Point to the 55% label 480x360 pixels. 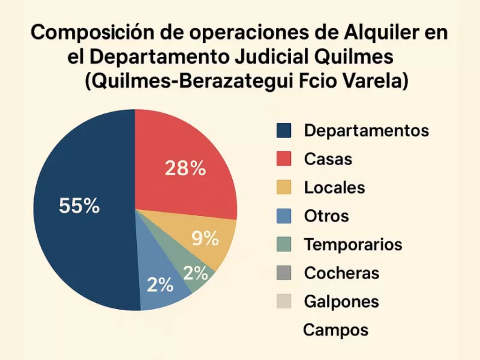pyautogui.click(x=79, y=206)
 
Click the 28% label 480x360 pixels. pyautogui.click(x=185, y=169)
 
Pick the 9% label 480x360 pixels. pyautogui.click(x=205, y=238)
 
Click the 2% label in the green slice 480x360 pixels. pyautogui.click(x=196, y=274)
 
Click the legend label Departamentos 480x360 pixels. pyautogui.click(x=367, y=130)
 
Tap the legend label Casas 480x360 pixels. pyautogui.click(x=328, y=159)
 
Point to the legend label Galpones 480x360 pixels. pyautogui.click(x=341, y=301)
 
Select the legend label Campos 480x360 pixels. pyautogui.click(x=335, y=329)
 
